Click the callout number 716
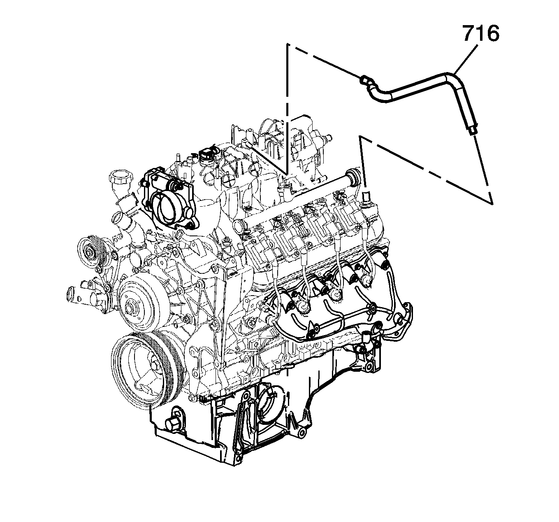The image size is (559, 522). click(480, 34)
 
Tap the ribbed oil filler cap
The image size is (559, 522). click(119, 180)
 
